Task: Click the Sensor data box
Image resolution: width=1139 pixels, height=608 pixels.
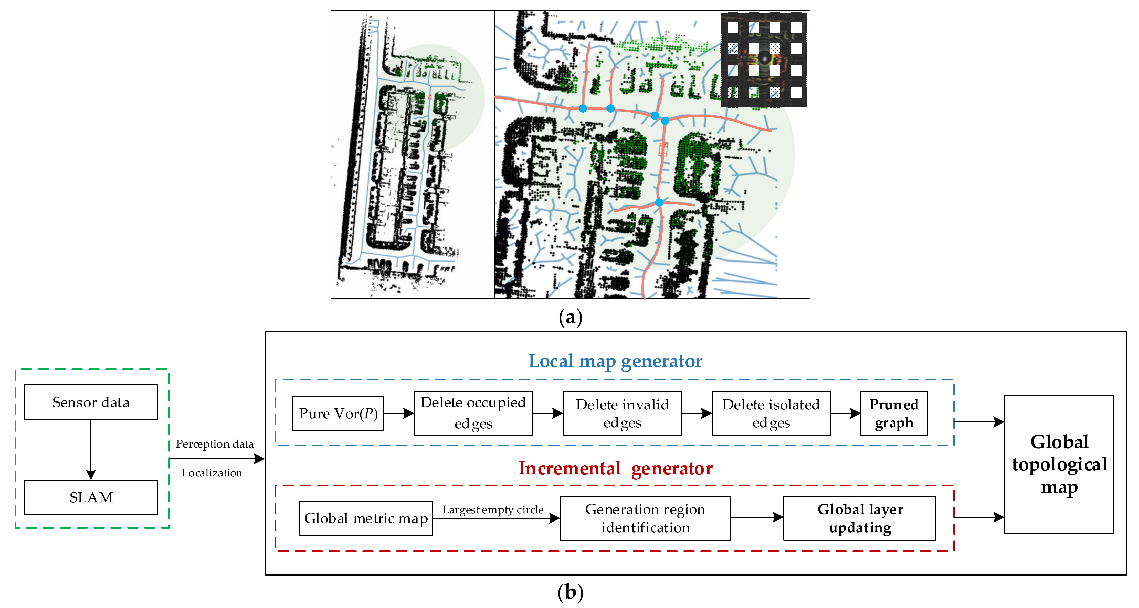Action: pos(91,402)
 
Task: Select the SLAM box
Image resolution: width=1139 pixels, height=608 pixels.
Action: pos(91,497)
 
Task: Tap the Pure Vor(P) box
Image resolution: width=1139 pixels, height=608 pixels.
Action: pos(338,414)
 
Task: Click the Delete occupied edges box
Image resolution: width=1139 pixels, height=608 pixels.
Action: pos(473,414)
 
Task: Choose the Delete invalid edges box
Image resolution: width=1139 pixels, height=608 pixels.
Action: pos(622,414)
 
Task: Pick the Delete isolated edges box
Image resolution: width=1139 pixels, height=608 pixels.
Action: pos(771,414)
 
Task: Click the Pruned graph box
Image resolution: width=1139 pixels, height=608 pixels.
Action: pos(894,414)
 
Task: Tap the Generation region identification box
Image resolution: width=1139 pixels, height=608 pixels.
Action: pos(645,518)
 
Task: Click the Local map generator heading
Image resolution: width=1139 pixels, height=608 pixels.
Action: pos(616,361)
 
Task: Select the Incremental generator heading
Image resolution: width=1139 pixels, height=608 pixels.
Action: pos(616,468)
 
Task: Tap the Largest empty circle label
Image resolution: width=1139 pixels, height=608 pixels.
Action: pos(493,510)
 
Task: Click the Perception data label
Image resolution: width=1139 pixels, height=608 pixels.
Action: pos(215,444)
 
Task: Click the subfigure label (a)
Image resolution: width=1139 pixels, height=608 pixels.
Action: pos(570,317)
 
